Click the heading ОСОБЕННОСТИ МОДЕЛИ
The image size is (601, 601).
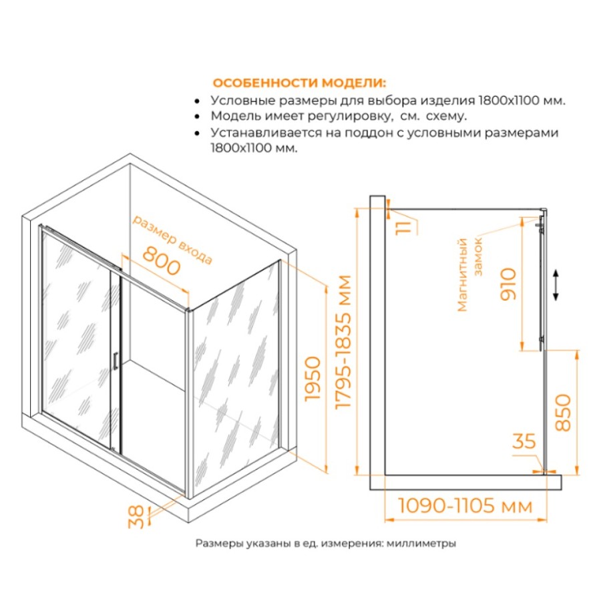click(x=299, y=83)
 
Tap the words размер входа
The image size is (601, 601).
click(x=172, y=240)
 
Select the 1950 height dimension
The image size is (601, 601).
click(x=313, y=379)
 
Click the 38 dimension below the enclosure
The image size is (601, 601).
click(x=136, y=517)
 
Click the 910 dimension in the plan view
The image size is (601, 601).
click(x=509, y=284)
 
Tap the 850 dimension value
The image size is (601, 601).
click(x=563, y=413)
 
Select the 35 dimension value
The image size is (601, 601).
click(x=524, y=441)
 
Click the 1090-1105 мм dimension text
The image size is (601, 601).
click(x=465, y=506)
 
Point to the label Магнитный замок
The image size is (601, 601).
click(x=469, y=274)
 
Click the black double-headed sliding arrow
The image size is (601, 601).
click(x=556, y=284)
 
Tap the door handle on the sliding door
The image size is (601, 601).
click(x=115, y=362)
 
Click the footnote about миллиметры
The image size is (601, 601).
click(x=325, y=543)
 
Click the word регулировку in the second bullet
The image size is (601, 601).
click(x=353, y=116)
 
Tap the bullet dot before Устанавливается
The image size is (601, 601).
click(x=197, y=133)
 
